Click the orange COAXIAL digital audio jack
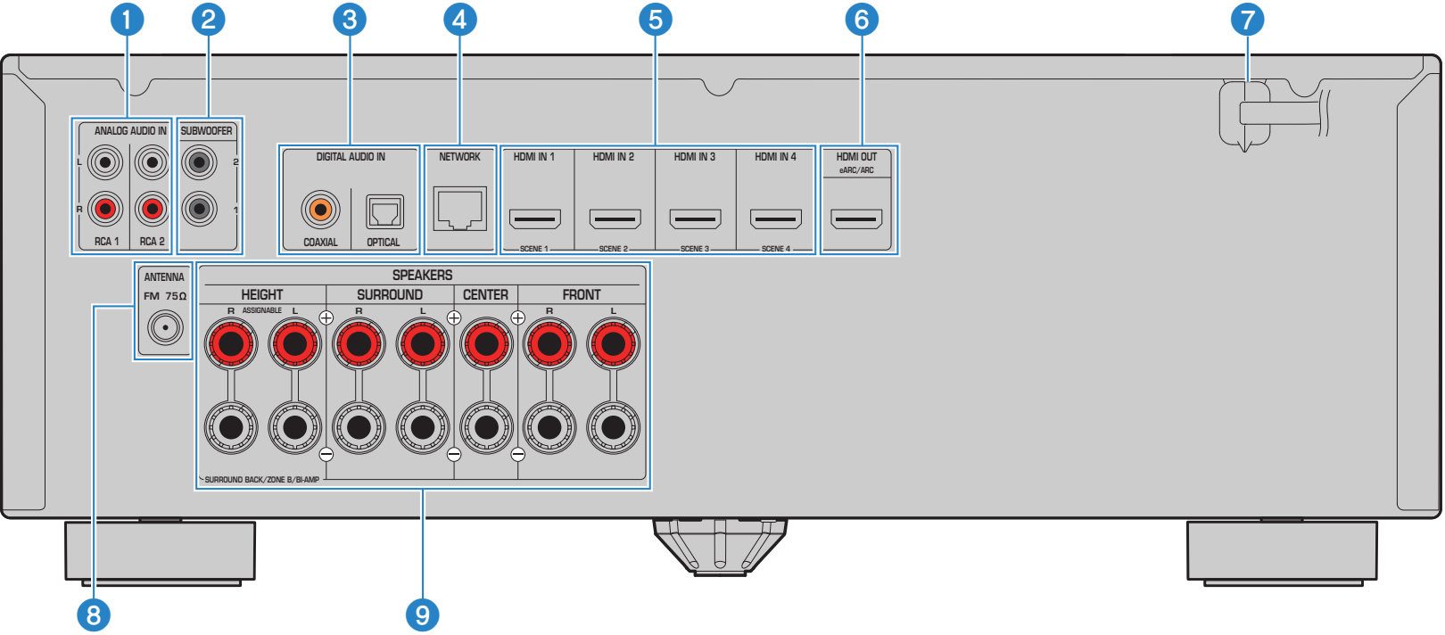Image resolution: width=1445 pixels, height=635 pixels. [x=320, y=210]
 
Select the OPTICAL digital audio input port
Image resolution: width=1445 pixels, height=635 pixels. [x=385, y=211]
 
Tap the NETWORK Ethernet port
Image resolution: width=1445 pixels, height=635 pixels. [x=460, y=209]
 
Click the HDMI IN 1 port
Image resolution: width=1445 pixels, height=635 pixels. [x=535, y=219]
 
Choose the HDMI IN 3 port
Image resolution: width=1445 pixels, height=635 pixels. [x=695, y=219]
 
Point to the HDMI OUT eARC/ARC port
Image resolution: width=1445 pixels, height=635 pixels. [x=856, y=219]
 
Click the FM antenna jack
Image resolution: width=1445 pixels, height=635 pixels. [x=166, y=328]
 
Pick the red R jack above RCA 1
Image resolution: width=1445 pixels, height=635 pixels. [x=105, y=209]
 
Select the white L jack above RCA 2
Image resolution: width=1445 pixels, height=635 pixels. [x=152, y=162]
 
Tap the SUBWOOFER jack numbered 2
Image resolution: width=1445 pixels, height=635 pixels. [x=199, y=162]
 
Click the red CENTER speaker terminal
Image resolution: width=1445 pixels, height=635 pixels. [x=486, y=344]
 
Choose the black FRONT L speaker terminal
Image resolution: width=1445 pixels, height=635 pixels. [x=614, y=427]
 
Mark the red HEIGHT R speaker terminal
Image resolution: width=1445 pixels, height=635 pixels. [x=231, y=344]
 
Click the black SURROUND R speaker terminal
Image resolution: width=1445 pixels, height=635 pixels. [x=359, y=427]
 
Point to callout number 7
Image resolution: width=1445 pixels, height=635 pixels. [x=1247, y=20]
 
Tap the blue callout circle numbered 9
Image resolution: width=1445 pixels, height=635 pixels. [x=423, y=615]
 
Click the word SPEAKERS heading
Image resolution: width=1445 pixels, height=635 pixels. [x=423, y=276]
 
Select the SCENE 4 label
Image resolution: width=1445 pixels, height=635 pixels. [x=775, y=249]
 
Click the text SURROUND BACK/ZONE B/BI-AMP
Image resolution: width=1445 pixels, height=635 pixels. [x=262, y=480]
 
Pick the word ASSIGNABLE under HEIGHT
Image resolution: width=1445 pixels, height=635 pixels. [x=262, y=310]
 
